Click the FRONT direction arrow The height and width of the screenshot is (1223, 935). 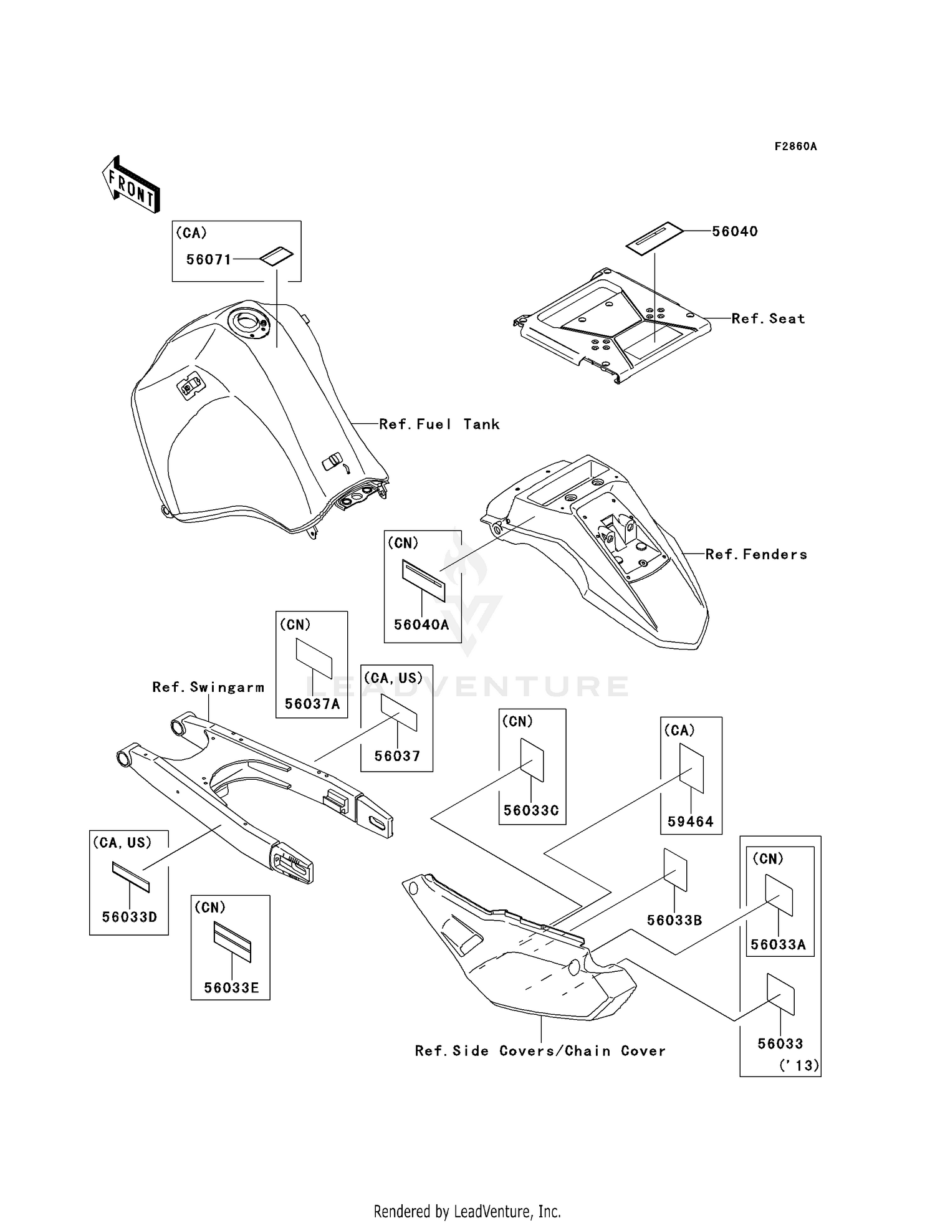(x=131, y=185)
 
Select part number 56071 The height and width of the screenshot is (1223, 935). (x=209, y=260)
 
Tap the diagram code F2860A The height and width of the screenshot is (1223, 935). (x=795, y=146)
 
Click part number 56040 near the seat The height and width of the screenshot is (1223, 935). (x=735, y=231)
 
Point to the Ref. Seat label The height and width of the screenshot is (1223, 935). (x=768, y=319)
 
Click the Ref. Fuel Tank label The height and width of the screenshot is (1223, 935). (x=439, y=424)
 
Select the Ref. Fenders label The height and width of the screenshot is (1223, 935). (x=756, y=555)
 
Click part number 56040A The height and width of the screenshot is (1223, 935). (x=421, y=625)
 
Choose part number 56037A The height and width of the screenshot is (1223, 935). (x=312, y=704)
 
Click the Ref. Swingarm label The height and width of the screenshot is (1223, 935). (x=208, y=688)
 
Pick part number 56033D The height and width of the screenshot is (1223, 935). (x=130, y=917)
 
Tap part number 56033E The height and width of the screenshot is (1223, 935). (x=231, y=988)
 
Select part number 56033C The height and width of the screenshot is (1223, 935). (x=531, y=810)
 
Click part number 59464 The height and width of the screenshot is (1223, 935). (x=690, y=822)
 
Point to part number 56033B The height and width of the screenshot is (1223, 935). (x=674, y=921)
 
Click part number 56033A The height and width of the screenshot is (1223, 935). (x=778, y=944)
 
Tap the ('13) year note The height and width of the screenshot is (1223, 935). (x=798, y=1065)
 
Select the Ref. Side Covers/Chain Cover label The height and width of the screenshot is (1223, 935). (x=540, y=1051)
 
